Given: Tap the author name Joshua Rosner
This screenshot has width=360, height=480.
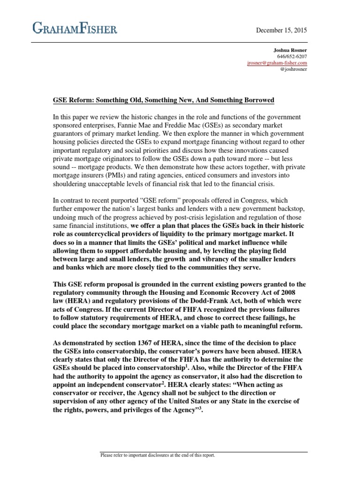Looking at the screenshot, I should click(x=290, y=49).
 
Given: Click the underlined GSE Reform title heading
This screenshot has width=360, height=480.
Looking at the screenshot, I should click(x=163, y=100).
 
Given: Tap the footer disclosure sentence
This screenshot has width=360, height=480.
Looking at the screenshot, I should click(x=158, y=455).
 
